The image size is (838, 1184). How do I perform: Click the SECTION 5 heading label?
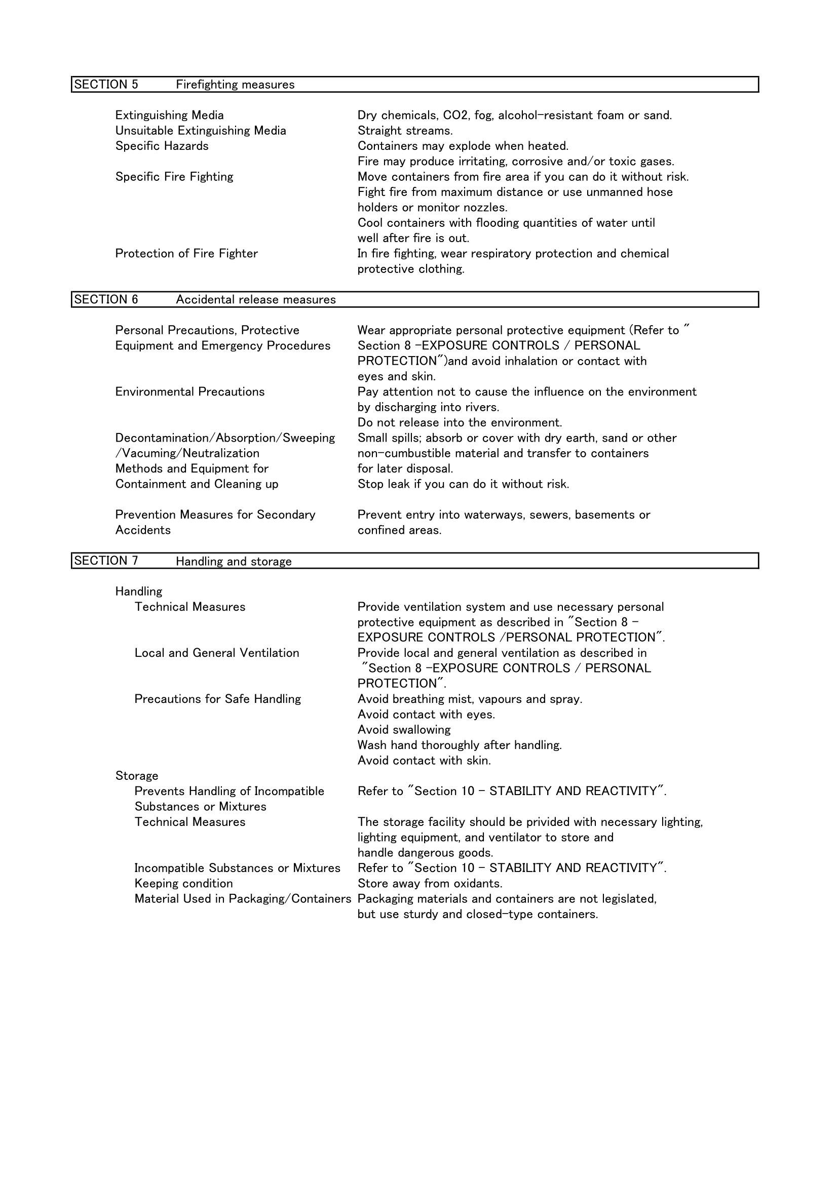106,85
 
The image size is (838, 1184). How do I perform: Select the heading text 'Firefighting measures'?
235,85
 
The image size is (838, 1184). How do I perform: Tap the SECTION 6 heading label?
106,300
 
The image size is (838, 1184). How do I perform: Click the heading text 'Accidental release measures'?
255,300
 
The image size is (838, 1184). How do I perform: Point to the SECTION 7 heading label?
106,561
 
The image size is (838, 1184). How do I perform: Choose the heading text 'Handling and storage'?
234,561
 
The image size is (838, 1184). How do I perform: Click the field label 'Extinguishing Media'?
169,115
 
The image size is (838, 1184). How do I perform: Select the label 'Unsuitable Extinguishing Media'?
200,131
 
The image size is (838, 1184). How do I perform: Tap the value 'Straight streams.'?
405,131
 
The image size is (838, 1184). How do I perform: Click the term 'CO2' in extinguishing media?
454,115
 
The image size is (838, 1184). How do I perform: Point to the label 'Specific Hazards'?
162,146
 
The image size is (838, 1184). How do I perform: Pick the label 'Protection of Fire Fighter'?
186,254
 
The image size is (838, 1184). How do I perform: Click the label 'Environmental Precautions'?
189,392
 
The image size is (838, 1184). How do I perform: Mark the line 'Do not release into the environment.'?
459,423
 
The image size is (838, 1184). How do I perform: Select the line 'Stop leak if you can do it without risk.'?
463,484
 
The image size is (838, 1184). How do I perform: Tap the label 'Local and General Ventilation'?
217,653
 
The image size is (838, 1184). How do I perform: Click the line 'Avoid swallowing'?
404,730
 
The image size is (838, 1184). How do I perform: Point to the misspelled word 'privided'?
530,822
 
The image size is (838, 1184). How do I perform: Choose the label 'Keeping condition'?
184,883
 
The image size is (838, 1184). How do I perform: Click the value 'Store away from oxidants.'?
430,883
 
